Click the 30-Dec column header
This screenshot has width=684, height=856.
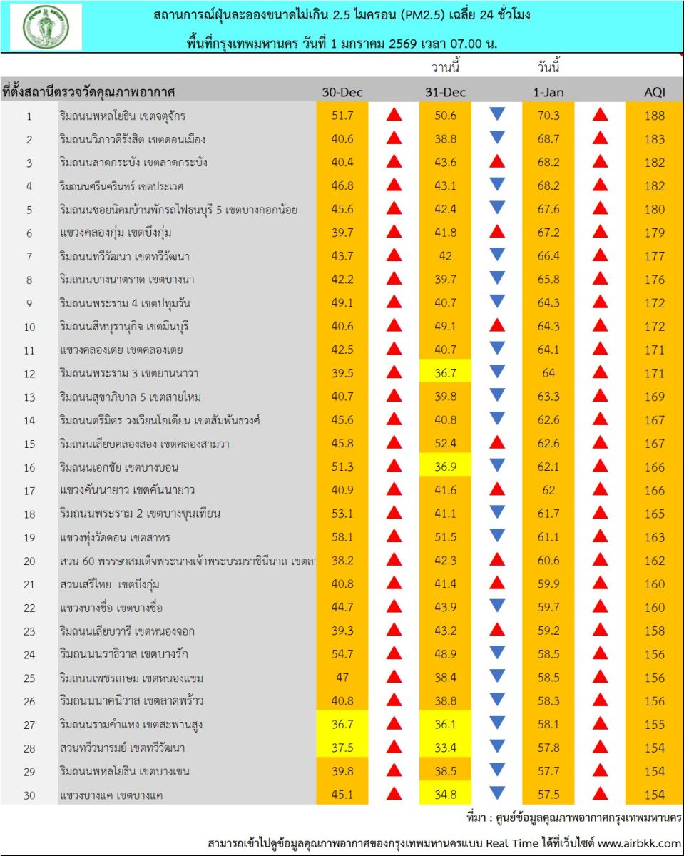click(342, 92)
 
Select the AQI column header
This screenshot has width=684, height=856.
click(654, 92)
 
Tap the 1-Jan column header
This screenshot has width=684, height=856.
click(548, 92)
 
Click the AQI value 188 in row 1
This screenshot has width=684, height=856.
click(654, 116)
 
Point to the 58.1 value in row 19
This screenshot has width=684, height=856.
click(342, 537)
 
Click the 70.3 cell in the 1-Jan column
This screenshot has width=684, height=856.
click(548, 116)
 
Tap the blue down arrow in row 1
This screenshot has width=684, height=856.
click(497, 114)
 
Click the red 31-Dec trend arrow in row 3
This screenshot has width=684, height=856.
click(497, 162)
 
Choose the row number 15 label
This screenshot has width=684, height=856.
click(29, 444)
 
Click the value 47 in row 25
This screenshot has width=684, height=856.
click(342, 678)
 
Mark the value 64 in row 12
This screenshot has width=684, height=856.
click(548, 373)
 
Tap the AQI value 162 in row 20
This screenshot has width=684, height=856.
click(654, 561)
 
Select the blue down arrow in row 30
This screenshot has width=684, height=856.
click(497, 793)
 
